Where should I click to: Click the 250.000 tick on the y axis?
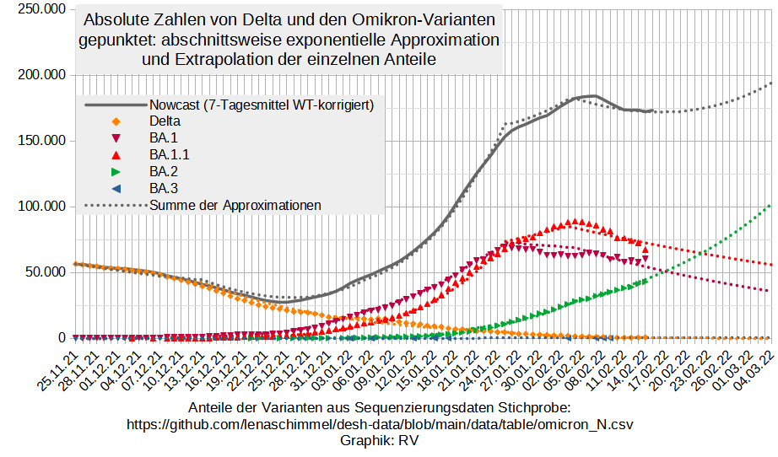[x=41, y=9]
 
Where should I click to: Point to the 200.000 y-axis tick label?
[x=41, y=75]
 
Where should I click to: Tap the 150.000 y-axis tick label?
[x=41, y=141]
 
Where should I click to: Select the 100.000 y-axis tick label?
[x=41, y=207]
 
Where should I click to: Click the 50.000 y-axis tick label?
[x=44, y=272]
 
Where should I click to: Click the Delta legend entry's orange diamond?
[x=116, y=121]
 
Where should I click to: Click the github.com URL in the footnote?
[x=380, y=424]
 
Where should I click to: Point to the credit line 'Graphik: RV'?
[x=380, y=440]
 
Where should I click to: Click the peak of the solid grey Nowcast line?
[x=593, y=96]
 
